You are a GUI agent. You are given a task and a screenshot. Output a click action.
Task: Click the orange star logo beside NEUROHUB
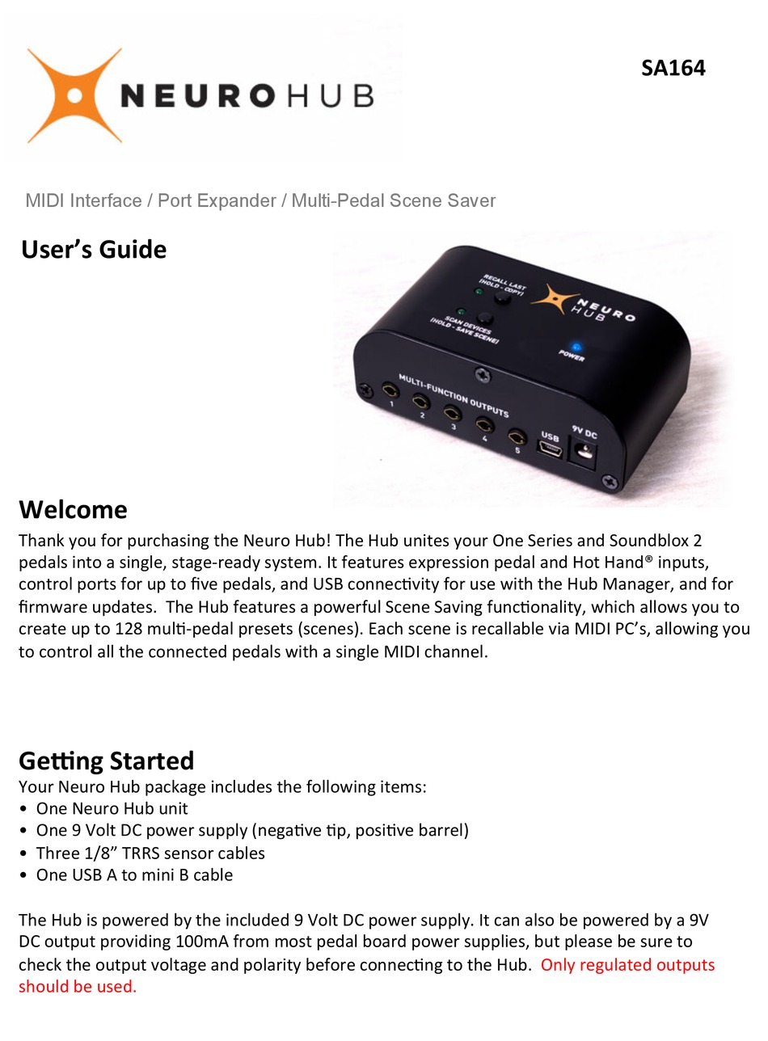[x=74, y=95]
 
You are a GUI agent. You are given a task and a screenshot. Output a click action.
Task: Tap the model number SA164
[x=673, y=68]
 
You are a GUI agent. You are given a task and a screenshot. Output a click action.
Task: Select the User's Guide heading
[x=94, y=249]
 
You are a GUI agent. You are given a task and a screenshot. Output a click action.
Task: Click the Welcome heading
[x=73, y=509]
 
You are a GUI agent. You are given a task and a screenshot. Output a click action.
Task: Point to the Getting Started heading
[x=106, y=761]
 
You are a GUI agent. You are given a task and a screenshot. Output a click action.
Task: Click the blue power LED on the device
[x=576, y=347]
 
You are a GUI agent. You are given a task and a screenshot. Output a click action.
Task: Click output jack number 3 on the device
[x=452, y=413]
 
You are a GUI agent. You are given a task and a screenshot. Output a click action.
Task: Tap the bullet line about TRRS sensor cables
[x=150, y=853]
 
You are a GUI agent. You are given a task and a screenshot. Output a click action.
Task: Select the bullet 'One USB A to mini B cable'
[x=134, y=875]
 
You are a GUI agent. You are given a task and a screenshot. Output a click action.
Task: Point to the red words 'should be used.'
[x=78, y=986]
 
